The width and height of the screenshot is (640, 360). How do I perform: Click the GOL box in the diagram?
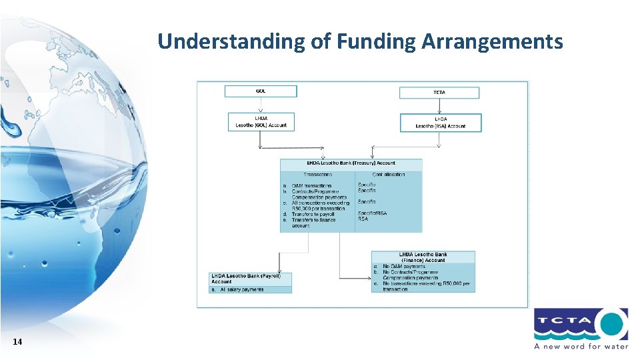(259, 91)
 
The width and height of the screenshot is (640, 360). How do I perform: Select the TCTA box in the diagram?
(439, 92)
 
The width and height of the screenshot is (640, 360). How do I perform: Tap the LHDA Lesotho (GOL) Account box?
(261, 121)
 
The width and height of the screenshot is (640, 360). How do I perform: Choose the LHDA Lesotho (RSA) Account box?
(440, 123)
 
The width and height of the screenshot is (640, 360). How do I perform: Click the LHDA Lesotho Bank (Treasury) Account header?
(351, 163)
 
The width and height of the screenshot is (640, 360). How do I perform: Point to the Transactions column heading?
(317, 175)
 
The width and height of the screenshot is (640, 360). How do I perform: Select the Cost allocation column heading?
(389, 175)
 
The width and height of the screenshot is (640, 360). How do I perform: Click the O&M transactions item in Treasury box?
(311, 186)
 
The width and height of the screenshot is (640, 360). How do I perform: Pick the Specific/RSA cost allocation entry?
(371, 213)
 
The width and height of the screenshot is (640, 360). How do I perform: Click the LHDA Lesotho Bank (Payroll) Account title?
(247, 278)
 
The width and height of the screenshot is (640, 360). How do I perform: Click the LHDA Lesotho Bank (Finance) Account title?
(423, 257)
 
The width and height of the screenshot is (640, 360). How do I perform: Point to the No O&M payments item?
(403, 266)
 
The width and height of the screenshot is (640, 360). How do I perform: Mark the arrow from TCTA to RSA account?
(439, 106)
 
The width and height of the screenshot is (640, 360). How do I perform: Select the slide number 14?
(17, 342)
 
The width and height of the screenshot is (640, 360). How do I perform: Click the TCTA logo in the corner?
(580, 326)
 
